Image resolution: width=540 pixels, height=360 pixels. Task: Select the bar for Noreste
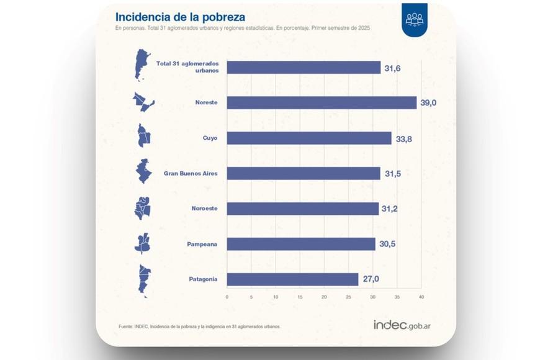point(322,102)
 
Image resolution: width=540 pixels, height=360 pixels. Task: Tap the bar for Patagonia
point(292,279)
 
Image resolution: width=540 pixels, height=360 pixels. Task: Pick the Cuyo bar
point(309,138)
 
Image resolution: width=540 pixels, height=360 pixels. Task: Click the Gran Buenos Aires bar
point(304,173)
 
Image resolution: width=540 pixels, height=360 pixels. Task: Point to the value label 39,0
point(429,102)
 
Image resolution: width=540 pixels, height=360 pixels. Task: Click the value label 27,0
point(371,279)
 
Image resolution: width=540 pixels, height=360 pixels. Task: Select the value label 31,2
point(390,209)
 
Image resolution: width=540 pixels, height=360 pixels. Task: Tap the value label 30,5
point(387,244)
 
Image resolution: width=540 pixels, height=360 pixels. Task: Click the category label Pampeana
point(202,244)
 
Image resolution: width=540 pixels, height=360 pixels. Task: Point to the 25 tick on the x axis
point(349,297)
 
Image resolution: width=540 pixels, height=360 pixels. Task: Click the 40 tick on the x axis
point(421,297)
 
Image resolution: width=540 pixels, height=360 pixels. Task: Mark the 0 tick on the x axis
point(227,297)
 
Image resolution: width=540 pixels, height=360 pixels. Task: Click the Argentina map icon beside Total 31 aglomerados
point(142,66)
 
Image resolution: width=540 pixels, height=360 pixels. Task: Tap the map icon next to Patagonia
point(144,280)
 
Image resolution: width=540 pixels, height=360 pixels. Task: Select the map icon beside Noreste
point(143,102)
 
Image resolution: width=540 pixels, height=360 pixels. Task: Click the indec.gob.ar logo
point(402,325)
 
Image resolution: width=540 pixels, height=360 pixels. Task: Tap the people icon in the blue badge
point(414,19)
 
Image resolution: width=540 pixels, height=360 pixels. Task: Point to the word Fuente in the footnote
point(125,326)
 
